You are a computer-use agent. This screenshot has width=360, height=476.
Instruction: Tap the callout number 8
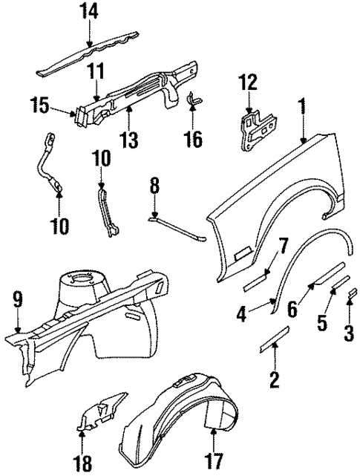[x=154, y=183]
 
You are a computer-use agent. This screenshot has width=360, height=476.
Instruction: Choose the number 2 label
[x=274, y=381]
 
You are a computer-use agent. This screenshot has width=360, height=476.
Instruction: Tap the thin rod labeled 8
[x=178, y=227]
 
